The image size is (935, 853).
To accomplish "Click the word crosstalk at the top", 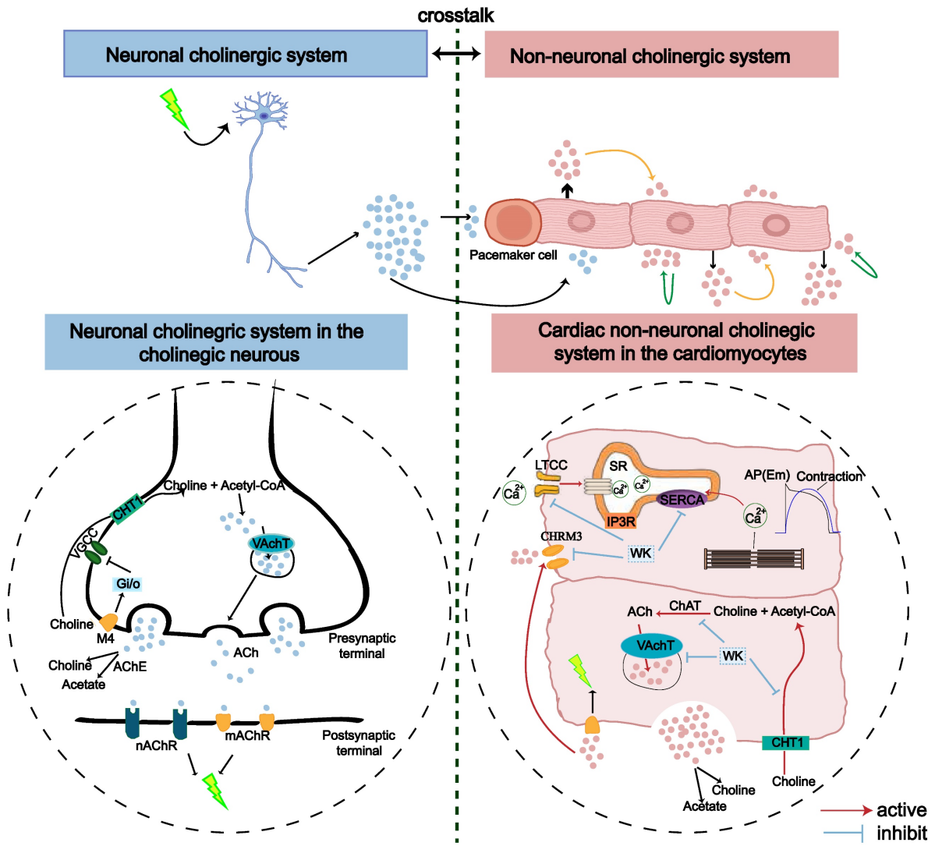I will (x=456, y=16).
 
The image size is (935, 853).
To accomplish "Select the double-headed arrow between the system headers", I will (x=456, y=54).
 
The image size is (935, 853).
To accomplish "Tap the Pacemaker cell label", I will (x=513, y=255).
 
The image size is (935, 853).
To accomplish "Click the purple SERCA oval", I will (x=681, y=500).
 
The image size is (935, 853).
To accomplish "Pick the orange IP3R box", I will (x=621, y=522).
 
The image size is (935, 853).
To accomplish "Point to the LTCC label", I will (x=551, y=465).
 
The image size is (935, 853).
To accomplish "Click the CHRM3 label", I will (x=561, y=536).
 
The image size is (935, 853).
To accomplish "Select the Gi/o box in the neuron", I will (x=128, y=584).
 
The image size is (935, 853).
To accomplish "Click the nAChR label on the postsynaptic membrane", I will (x=156, y=746).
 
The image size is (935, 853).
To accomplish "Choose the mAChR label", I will (x=247, y=736).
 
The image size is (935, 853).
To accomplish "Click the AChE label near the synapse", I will (x=129, y=667).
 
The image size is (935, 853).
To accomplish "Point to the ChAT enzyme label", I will (x=685, y=606).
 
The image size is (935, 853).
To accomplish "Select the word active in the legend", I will (x=901, y=810).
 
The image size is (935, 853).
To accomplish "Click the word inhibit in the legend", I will (x=901, y=834).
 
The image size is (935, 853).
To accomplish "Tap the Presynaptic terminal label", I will (x=362, y=646).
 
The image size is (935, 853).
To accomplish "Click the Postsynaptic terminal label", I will (x=359, y=743).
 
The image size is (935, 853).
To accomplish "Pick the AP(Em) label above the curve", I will (x=767, y=475).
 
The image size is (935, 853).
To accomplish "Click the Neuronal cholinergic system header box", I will (x=245, y=55).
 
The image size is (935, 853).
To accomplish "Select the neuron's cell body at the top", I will (x=264, y=115).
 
